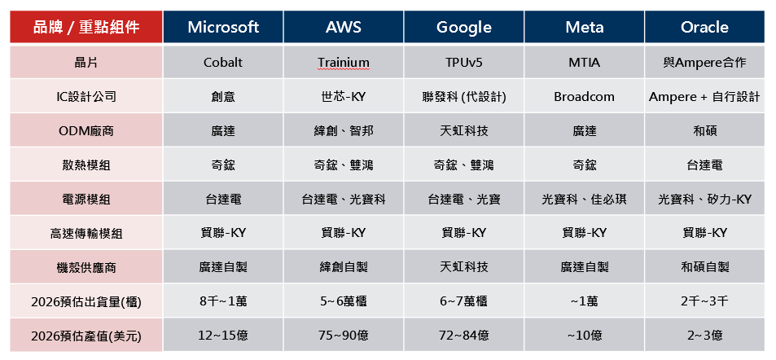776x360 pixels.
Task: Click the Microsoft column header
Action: coord(223,27)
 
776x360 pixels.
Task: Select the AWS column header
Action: coord(344,27)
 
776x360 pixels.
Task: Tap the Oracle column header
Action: coord(704,27)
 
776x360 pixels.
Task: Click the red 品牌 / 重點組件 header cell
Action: coord(86,27)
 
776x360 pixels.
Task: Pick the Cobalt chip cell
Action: coord(223,63)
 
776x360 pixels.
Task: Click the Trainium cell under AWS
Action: coord(344,63)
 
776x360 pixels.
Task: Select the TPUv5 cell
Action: coord(463,63)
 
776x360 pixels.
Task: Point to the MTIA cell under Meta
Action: coord(585,63)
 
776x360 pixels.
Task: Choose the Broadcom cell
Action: coord(585,97)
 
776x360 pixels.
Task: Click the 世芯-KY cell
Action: coord(344,97)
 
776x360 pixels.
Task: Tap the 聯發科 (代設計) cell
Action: coord(463,97)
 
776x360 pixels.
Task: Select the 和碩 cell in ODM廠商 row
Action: coord(704,131)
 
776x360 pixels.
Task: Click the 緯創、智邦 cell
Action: coord(344,131)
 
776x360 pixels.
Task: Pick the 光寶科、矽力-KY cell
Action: coord(704,199)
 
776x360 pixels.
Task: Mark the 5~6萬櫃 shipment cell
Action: coord(344,301)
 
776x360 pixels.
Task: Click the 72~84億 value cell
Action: coord(463,336)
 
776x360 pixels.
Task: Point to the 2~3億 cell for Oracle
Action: coord(704,336)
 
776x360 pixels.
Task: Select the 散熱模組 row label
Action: coord(86,165)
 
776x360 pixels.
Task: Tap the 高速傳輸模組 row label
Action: coord(86,233)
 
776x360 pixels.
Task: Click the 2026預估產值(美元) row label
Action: coord(86,336)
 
